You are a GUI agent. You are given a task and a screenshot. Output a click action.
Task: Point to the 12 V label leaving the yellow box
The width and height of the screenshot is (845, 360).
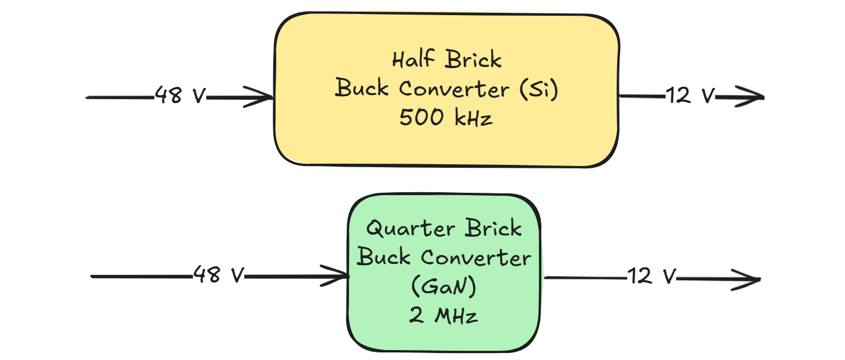pos(690,96)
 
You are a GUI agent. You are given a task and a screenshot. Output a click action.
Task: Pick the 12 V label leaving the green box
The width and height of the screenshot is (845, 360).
pos(652,276)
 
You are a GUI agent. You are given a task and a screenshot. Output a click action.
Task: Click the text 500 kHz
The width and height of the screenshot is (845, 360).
pos(446,119)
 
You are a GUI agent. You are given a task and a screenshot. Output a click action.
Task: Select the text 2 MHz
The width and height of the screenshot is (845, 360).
pos(443,316)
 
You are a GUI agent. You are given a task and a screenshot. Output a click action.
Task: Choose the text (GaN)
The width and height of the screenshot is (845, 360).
pos(443,287)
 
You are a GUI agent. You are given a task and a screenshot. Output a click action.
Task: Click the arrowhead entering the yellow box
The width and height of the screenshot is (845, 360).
pos(260,97)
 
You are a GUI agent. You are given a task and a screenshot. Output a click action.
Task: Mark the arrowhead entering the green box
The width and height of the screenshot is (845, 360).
pos(335,276)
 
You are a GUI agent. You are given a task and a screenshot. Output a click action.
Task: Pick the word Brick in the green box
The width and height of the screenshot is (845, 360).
pos(493,228)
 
